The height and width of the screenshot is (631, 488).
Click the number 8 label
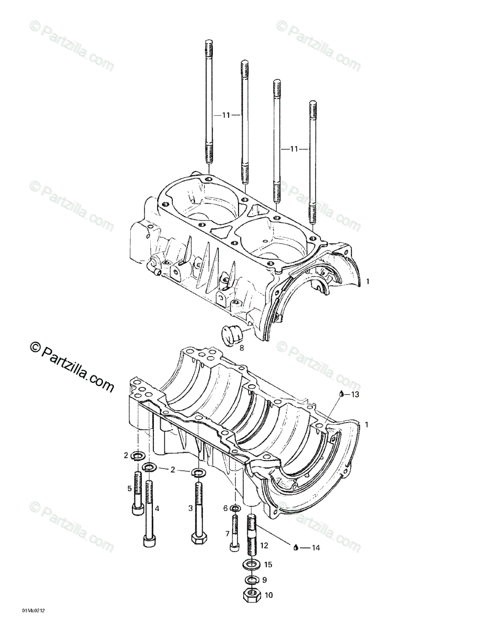(242, 347)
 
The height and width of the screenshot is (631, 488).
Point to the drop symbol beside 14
(296, 547)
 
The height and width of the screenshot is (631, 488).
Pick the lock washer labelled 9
(252, 580)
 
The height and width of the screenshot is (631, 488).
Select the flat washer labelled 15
(251, 565)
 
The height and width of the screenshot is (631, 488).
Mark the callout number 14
(316, 547)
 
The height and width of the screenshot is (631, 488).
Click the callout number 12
(264, 545)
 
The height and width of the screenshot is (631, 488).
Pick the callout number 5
(129, 488)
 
